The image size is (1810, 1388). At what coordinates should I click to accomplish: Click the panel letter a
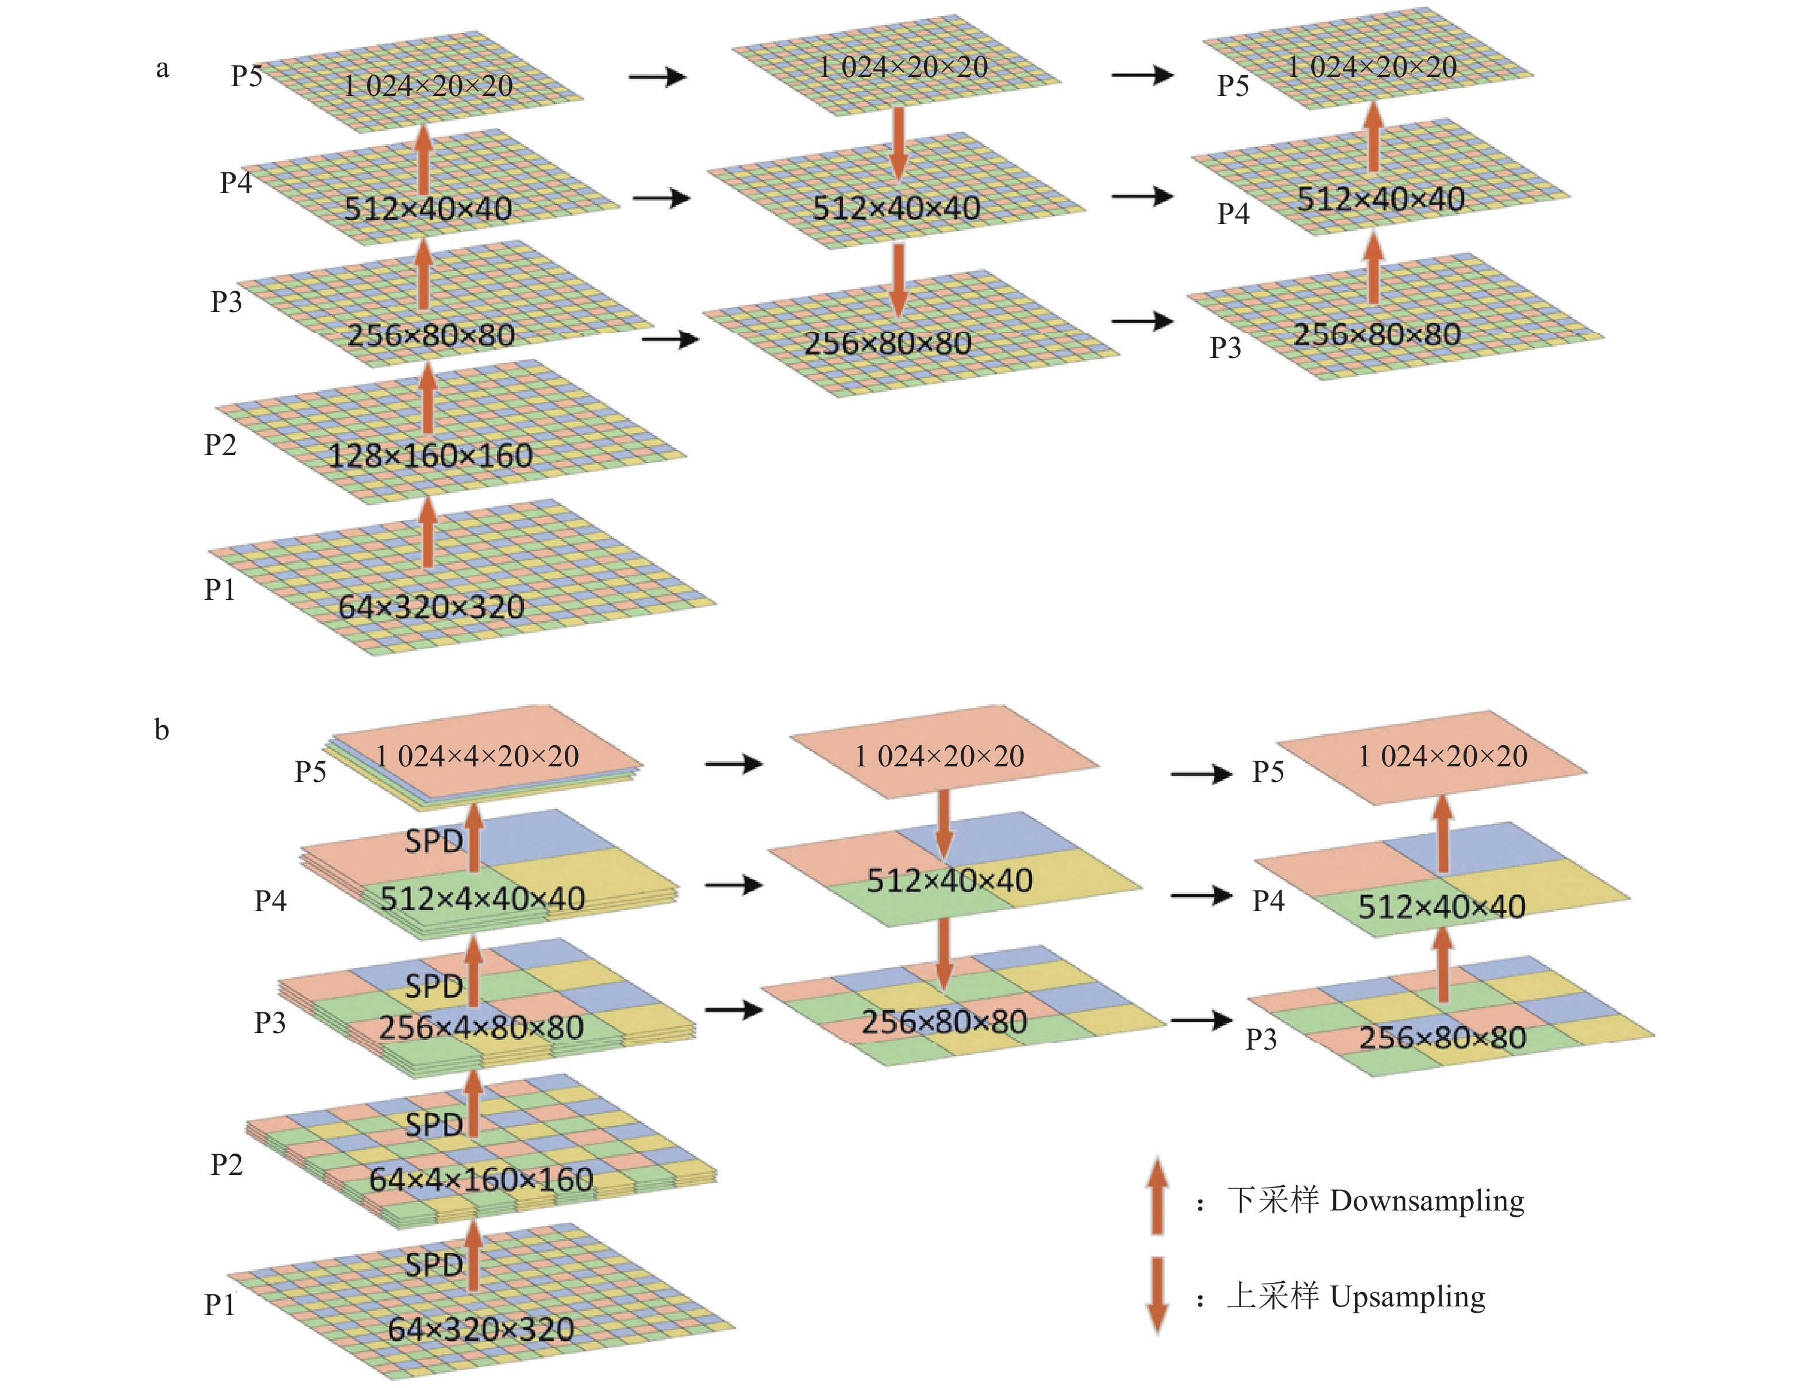(x=163, y=68)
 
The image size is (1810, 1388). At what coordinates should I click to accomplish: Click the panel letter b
(x=162, y=730)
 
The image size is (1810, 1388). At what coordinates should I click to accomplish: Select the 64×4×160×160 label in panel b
(x=481, y=1179)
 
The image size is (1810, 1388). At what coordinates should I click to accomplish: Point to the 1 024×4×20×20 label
(x=477, y=756)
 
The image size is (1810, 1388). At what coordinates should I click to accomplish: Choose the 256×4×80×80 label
(x=481, y=1028)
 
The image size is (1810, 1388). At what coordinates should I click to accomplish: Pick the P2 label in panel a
(x=221, y=445)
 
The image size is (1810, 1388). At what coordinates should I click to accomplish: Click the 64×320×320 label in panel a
(x=431, y=608)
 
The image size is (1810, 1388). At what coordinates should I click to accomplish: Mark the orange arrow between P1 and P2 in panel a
(x=427, y=534)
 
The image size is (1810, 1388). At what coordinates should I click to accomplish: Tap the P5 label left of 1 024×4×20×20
(x=311, y=772)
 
